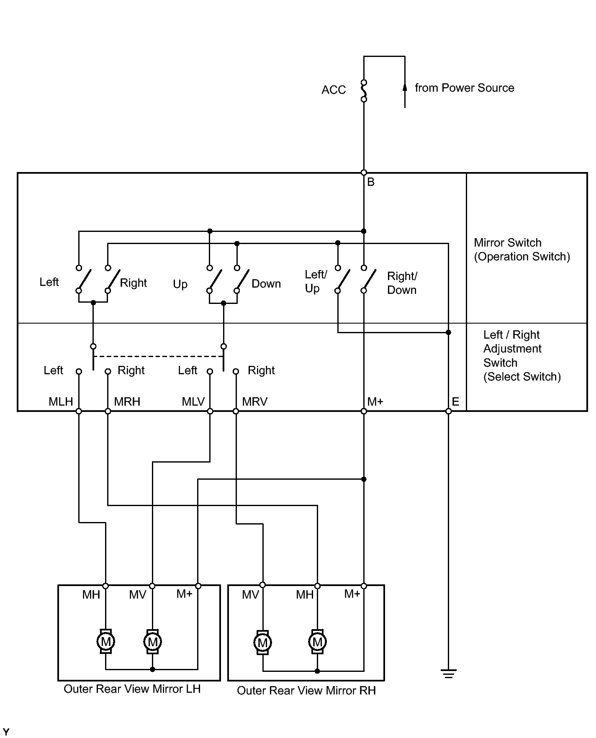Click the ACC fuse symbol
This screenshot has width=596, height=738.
(364, 91)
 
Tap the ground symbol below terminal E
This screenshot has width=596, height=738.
(448, 674)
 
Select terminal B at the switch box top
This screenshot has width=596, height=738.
(364, 172)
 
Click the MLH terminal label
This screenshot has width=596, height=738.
(61, 402)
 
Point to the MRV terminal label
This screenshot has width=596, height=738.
(254, 402)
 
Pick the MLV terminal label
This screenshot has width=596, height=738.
(193, 402)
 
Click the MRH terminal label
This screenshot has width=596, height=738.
(127, 402)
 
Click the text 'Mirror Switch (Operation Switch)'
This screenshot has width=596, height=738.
(522, 249)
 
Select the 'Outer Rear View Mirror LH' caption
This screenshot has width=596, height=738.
(132, 689)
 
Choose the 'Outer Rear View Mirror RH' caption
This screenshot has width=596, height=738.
(306, 691)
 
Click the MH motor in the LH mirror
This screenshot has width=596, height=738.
(105, 641)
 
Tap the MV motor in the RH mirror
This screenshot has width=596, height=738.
(262, 642)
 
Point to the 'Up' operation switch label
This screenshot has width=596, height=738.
(180, 284)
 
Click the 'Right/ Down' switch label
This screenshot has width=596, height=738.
(402, 283)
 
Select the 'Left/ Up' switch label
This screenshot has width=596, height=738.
(316, 281)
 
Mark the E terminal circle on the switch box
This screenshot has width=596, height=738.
(448, 411)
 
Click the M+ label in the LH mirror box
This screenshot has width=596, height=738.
(184, 594)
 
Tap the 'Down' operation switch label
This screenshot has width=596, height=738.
(266, 284)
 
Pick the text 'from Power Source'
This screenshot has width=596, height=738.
(465, 88)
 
